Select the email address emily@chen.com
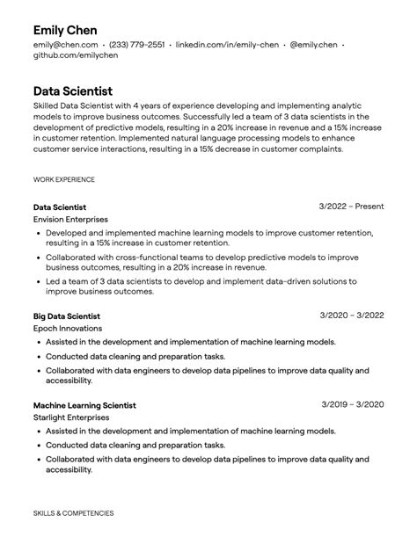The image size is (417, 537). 64,44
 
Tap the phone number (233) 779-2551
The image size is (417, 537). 136,44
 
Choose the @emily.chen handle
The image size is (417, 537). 313,44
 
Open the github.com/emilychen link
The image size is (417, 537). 75,54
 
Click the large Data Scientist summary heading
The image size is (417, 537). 73,91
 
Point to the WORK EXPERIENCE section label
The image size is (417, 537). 64,179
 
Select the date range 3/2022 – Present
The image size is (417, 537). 351,207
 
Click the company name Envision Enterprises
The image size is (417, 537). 70,219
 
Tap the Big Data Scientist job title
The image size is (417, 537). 67,316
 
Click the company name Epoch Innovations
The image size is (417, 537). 68,328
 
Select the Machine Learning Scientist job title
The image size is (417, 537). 84,405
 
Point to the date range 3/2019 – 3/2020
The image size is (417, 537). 352,404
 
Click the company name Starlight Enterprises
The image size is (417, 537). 71,417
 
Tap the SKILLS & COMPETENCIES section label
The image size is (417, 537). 73,512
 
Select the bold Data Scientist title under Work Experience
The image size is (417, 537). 60,207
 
